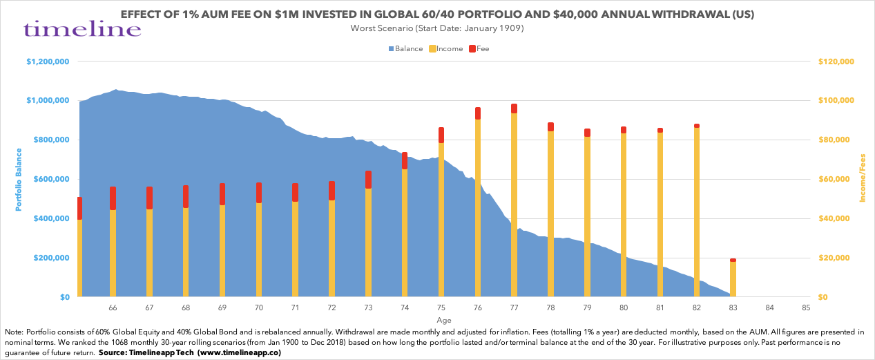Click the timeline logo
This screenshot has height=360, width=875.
pyautogui.click(x=82, y=28)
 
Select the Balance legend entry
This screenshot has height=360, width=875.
pyautogui.click(x=406, y=49)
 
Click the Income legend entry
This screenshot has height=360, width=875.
pyautogui.click(x=445, y=49)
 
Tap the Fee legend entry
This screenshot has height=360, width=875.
pyautogui.click(x=479, y=49)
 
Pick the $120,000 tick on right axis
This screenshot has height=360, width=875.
pyautogui.click(x=836, y=61)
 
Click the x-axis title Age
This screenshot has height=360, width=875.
pyautogui.click(x=444, y=321)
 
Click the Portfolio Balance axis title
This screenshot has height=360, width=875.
pyautogui.click(x=19, y=179)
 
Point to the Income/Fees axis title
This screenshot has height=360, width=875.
pyautogui.click(x=863, y=179)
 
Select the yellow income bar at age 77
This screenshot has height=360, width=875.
pyautogui.click(x=514, y=207)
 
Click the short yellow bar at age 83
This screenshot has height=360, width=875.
pyautogui.click(x=733, y=280)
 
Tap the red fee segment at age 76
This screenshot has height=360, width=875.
pyautogui.click(x=477, y=113)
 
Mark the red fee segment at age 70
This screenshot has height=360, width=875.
pyautogui.click(x=258, y=193)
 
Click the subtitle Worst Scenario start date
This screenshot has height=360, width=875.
pyautogui.click(x=437, y=28)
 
